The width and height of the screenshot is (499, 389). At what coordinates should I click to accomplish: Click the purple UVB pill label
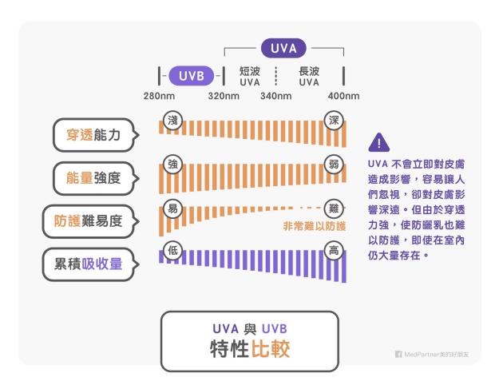tap(192, 77)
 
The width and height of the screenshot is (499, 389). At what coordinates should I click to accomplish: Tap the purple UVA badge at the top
tap(284, 49)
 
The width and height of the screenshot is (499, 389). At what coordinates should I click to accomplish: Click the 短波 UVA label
tap(250, 76)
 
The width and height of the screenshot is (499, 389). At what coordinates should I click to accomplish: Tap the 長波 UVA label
tap(309, 76)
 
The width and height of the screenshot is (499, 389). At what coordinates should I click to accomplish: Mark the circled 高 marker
tap(335, 251)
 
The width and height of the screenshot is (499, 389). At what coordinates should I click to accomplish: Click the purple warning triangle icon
tap(378, 143)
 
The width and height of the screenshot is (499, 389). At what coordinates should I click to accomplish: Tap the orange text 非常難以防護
tap(315, 227)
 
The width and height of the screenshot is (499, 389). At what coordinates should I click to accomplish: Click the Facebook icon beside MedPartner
tap(398, 354)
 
